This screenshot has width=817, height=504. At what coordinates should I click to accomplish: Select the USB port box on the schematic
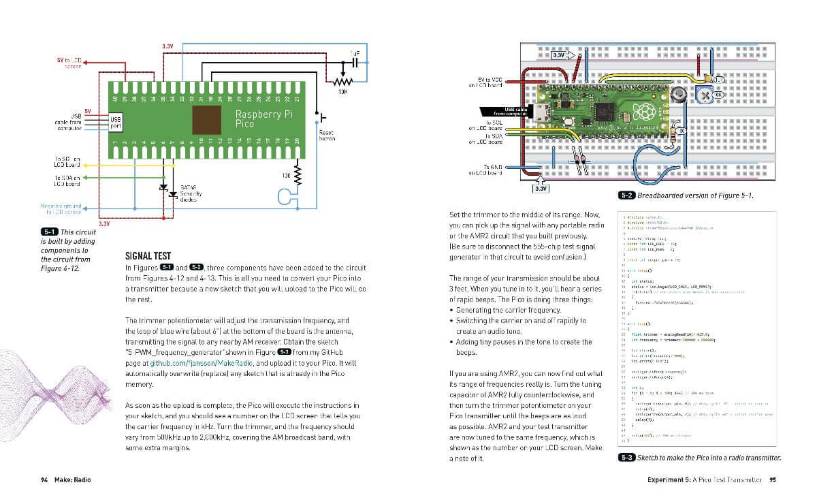[116, 123]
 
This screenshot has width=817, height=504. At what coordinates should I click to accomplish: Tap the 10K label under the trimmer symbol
[343, 91]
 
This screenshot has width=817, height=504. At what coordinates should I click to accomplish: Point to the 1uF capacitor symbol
[355, 62]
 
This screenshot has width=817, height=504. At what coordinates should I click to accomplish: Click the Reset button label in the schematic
[327, 134]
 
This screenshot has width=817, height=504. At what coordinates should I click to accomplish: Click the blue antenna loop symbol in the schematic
[287, 198]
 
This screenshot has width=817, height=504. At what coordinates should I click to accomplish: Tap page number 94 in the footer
[44, 479]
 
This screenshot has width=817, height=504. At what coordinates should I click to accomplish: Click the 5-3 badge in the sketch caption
[626, 458]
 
